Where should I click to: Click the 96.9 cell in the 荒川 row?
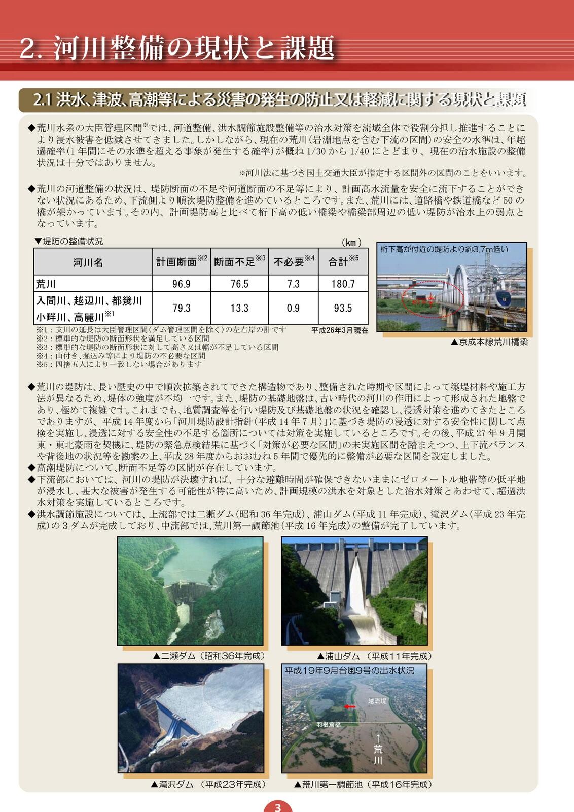[181, 284]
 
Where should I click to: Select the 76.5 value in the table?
[239, 284]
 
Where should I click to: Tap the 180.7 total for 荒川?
[343, 284]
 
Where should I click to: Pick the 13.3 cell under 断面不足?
[239, 308]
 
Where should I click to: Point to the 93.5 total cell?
[343, 308]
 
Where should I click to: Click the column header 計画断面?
[181, 262]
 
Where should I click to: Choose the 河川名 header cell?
[88, 262]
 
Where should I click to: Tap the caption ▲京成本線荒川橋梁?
[489, 342]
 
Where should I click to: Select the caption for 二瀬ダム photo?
[209, 656]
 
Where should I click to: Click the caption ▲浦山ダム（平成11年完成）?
[374, 656]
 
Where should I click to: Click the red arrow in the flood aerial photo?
[350, 706]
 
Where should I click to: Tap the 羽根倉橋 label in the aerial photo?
[328, 725]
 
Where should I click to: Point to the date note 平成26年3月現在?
[340, 330]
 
